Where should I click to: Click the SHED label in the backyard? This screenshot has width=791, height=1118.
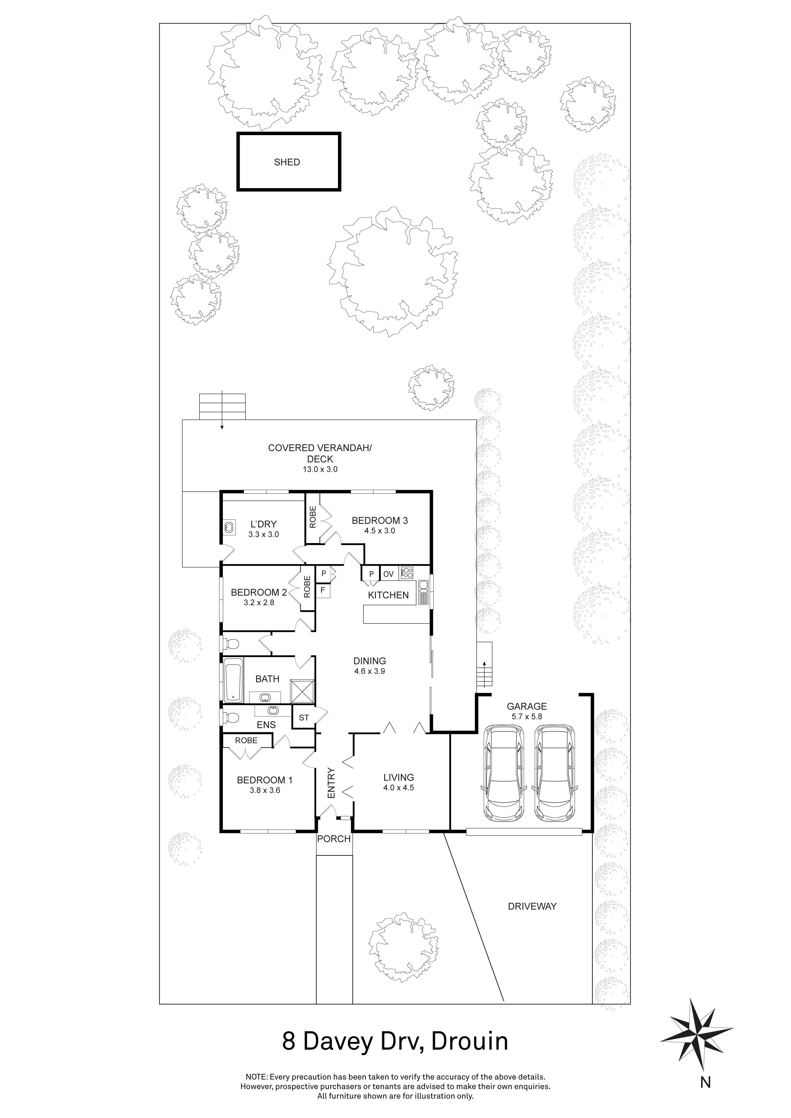click(287, 162)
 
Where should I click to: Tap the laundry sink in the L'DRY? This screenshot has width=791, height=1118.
click(229, 526)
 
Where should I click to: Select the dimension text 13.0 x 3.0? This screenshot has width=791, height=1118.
click(319, 469)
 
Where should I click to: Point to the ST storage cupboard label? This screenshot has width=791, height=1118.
click(304, 718)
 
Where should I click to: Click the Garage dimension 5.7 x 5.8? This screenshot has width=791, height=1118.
click(526, 716)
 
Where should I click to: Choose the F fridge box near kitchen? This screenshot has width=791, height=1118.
click(322, 591)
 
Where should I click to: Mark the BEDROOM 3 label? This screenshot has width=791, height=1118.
click(380, 520)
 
